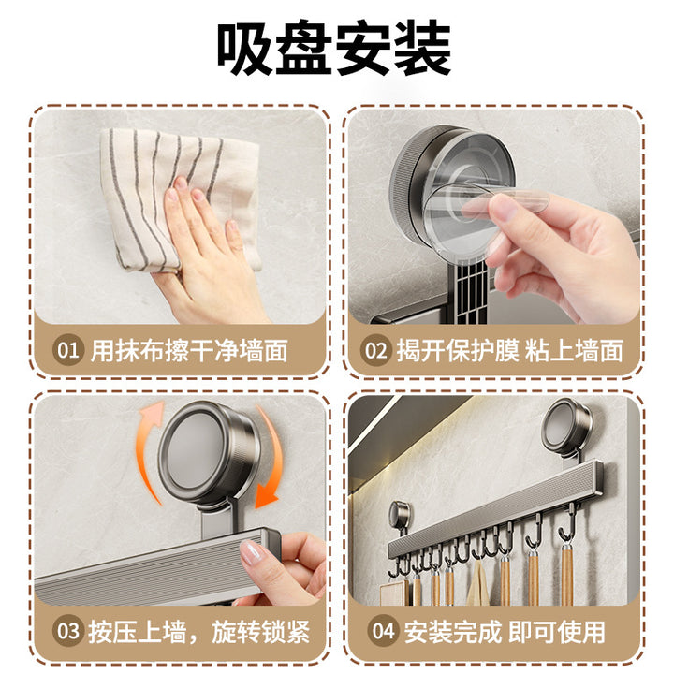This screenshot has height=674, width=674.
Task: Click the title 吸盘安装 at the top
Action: point(334,48)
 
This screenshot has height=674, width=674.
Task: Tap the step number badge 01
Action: point(67,350)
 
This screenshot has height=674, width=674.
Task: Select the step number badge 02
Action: point(375,350)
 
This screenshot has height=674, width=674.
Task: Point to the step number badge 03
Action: point(67,631)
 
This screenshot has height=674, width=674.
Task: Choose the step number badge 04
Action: point(383,631)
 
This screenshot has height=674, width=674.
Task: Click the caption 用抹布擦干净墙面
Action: point(189,351)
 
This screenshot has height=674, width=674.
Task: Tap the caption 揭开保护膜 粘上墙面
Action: point(510,351)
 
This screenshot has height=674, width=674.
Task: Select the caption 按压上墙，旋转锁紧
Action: point(199,632)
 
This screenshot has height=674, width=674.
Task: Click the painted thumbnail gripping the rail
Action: point(252,553)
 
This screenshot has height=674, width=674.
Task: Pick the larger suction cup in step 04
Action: point(566,424)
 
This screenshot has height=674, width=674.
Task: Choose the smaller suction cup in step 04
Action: point(400,514)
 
